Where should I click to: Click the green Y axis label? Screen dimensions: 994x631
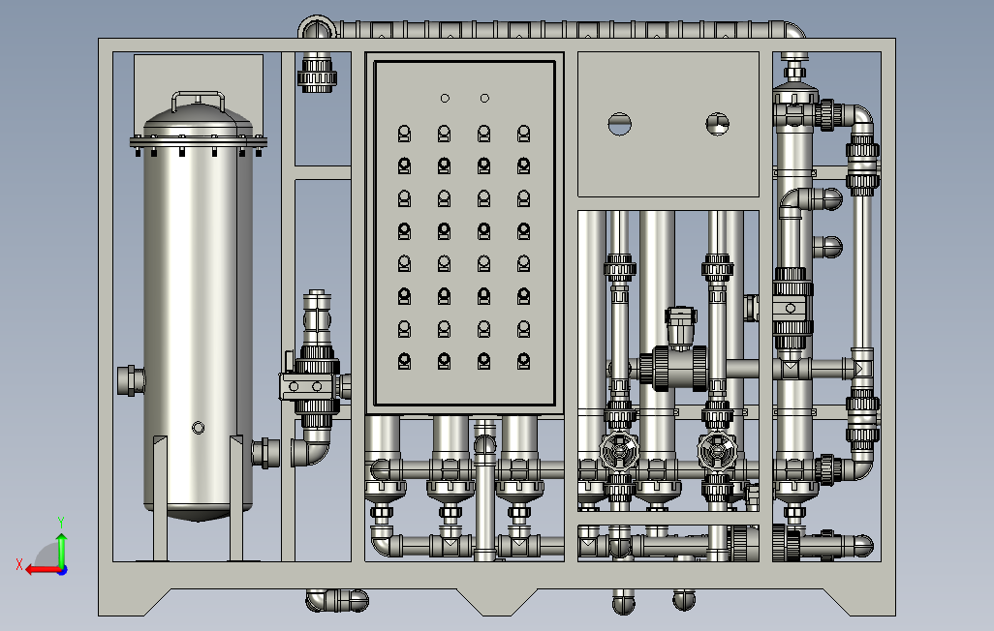(x=61, y=523)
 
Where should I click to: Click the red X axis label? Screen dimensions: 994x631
(x=19, y=564)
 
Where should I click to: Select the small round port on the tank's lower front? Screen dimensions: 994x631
(x=198, y=429)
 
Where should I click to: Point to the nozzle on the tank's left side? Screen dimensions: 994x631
(x=131, y=380)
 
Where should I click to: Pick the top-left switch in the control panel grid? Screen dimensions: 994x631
(x=404, y=133)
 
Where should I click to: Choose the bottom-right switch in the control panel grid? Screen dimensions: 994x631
(x=523, y=361)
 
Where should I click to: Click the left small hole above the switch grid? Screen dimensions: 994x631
(x=445, y=98)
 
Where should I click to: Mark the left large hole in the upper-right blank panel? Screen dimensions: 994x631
(x=619, y=124)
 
